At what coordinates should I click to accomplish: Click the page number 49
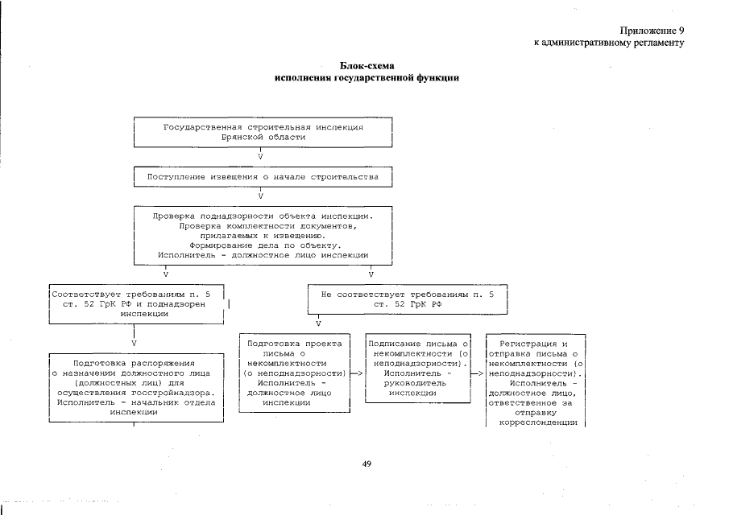pyautogui.click(x=366, y=463)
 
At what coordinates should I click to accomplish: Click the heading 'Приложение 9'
pyautogui.click(x=652, y=30)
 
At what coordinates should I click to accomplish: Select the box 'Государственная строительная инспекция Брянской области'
pyautogui.click(x=263, y=132)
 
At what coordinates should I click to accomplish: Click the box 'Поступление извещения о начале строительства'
pyautogui.click(x=263, y=176)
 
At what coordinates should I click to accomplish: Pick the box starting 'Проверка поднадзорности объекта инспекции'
pyautogui.click(x=263, y=235)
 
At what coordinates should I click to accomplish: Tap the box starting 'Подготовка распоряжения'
pyautogui.click(x=134, y=386)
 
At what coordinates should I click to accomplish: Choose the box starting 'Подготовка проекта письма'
pyautogui.click(x=295, y=373)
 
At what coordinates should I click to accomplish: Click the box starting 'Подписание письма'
pyautogui.click(x=418, y=368)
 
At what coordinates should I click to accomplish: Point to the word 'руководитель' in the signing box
pyautogui.click(x=418, y=383)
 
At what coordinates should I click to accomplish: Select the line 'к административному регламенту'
pyautogui.click(x=609, y=43)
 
